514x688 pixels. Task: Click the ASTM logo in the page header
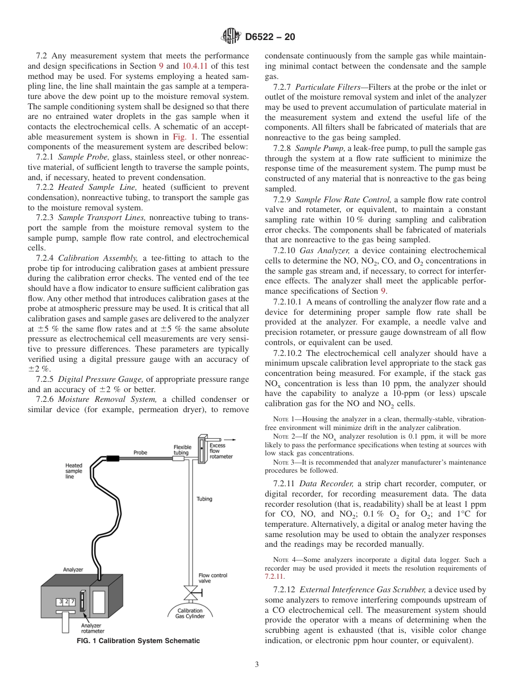tap(231, 37)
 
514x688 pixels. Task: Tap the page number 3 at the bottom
tap(257, 665)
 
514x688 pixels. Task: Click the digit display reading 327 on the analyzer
tap(65, 601)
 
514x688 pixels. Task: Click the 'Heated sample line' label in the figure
tap(74, 471)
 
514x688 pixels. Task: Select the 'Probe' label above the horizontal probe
tap(140, 452)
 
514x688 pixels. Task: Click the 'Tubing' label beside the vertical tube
tap(204, 499)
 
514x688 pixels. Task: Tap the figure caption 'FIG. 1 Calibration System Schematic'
tap(137, 641)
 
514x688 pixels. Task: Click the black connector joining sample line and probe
tap(113, 459)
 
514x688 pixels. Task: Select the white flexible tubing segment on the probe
tap(179, 459)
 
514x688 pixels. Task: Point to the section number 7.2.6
tap(45, 399)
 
